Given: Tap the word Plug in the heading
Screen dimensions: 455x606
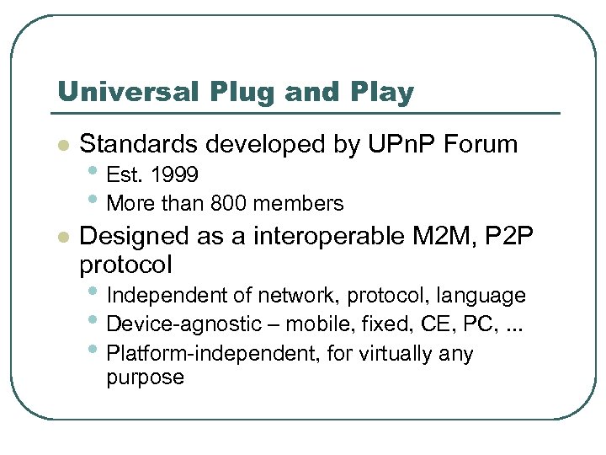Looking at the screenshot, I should coord(225,92).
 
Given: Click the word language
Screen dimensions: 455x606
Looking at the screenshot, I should coord(486,296).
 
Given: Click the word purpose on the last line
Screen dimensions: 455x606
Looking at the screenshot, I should coord(145,377).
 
